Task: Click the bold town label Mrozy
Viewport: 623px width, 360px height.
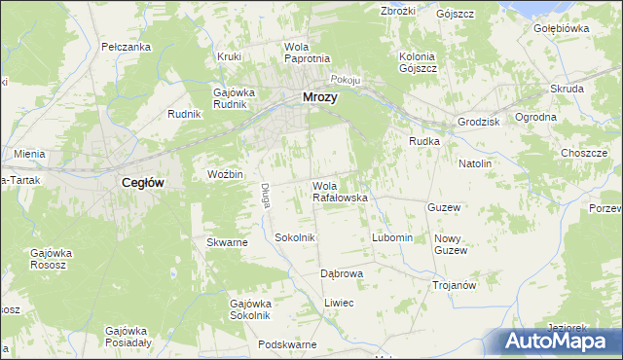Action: pos(320,96)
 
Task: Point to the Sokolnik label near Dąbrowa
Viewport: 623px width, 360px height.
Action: pos(295,237)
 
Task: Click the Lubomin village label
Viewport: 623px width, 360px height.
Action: pos(393,237)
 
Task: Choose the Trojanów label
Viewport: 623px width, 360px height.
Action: pos(454,285)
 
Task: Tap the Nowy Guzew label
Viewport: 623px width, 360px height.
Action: pos(451,244)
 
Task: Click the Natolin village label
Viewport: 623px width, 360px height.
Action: pos(475,162)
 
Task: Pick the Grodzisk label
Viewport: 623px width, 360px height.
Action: pos(478,122)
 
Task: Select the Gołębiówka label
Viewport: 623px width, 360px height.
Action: pos(562,28)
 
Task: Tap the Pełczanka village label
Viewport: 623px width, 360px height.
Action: pos(126,47)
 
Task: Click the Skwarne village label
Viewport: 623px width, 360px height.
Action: pos(227,242)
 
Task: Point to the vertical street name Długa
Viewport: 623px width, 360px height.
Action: pos(264,196)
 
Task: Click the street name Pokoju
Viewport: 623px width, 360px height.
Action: pos(347,80)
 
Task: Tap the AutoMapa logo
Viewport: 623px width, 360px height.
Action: pos(559,342)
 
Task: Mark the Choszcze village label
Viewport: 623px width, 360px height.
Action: pos(584,153)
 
